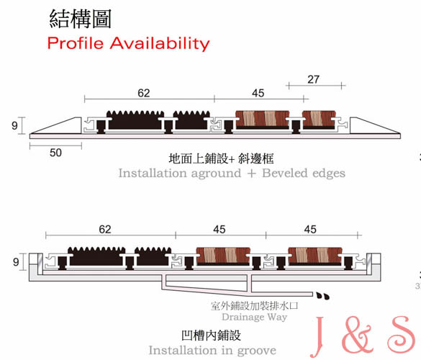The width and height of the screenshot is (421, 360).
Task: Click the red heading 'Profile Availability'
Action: pyautogui.click(x=128, y=43)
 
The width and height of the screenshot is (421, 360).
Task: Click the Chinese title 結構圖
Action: pyautogui.click(x=81, y=19)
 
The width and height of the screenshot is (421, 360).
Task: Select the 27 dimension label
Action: pyautogui.click(x=313, y=79)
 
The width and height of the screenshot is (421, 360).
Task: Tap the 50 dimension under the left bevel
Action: pyautogui.click(x=55, y=153)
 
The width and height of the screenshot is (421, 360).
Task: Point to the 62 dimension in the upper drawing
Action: pyautogui.click(x=144, y=93)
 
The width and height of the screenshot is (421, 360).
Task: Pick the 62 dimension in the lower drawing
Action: pyautogui.click(x=105, y=230)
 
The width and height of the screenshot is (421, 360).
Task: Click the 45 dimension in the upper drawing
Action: pyautogui.click(x=258, y=93)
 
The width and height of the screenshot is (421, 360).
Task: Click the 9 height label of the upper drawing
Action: pyautogui.click(x=14, y=125)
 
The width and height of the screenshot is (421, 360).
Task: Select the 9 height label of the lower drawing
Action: pyautogui.click(x=16, y=261)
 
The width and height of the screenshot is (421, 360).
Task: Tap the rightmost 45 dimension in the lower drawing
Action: pyautogui.click(x=310, y=230)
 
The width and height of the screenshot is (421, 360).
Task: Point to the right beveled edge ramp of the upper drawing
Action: pyautogui.click(x=375, y=126)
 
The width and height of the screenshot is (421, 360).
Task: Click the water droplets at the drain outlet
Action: pyautogui.click(x=322, y=296)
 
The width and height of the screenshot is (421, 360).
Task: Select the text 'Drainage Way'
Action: pyautogui.click(x=254, y=318)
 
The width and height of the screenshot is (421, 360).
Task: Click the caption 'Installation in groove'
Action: pyautogui.click(x=212, y=351)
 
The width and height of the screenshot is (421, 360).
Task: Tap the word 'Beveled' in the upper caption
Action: pyautogui.click(x=284, y=173)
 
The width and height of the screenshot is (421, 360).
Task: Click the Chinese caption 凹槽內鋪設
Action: pyautogui.click(x=212, y=336)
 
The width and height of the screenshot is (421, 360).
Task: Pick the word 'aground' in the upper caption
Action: pyautogui.click(x=216, y=174)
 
